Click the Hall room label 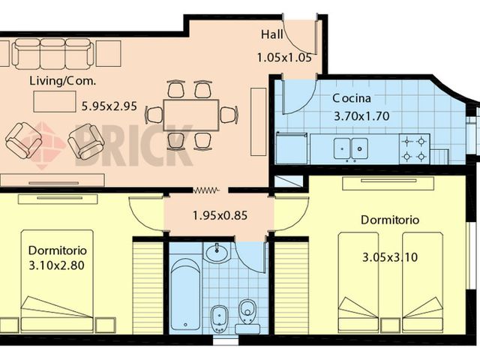click(271, 34)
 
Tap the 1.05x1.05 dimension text click(283, 56)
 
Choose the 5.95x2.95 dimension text click(109, 106)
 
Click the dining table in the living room click(190, 115)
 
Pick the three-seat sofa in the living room click(52, 54)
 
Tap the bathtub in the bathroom click(184, 293)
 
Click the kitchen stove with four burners click(414, 148)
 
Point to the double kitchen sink click(351, 148)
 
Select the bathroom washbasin click(217, 251)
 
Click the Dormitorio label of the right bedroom click(389, 220)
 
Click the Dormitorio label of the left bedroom click(58, 250)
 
